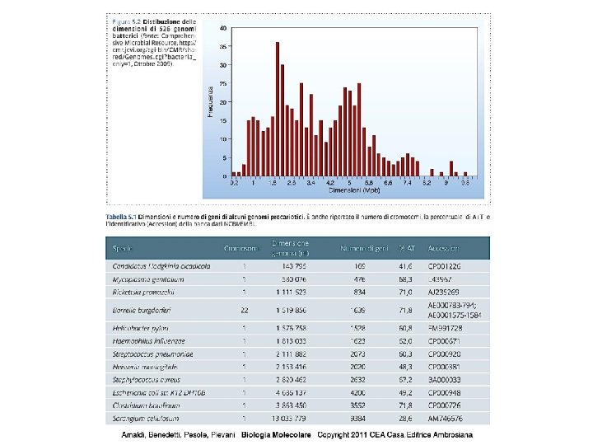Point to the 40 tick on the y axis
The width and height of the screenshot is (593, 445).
point(225,27)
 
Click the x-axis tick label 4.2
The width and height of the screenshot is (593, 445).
point(329,184)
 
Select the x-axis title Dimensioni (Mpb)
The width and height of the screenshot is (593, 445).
point(354,190)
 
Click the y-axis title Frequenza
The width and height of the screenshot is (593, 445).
point(212,101)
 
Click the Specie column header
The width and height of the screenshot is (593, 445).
point(123,248)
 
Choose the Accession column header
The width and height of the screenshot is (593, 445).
point(443,248)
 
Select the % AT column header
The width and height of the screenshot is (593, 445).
point(404,248)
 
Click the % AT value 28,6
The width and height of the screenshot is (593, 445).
point(404,419)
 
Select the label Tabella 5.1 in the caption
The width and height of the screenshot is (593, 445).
point(121,216)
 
